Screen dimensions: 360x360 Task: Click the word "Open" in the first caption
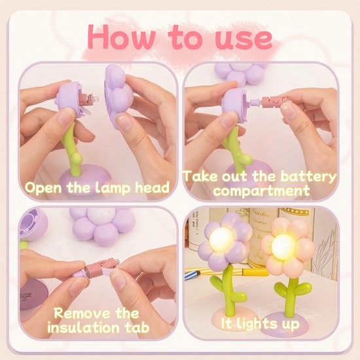tap(43, 189)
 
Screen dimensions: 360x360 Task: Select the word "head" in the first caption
tap(152, 187)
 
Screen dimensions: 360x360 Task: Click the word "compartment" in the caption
tap(261, 190)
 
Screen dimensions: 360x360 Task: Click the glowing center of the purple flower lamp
tap(221, 240)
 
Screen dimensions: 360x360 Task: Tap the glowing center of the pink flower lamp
tap(283, 247)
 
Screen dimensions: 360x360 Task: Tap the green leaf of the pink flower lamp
tap(302, 289)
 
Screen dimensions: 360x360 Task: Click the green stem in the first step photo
tap(71, 149)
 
